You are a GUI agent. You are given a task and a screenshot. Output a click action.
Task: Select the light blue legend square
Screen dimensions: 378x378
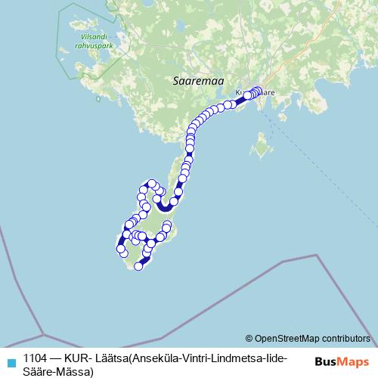(10, 360)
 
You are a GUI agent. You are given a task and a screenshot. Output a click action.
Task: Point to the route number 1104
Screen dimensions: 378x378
(36, 358)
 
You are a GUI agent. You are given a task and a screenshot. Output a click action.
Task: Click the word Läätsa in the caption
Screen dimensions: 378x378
(107, 358)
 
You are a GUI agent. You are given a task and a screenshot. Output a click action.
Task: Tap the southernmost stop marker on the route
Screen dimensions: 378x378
(138, 265)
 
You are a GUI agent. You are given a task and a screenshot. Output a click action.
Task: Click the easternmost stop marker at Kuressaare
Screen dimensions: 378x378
(259, 91)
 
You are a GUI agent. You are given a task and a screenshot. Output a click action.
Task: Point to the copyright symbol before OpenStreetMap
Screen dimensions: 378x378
(249, 338)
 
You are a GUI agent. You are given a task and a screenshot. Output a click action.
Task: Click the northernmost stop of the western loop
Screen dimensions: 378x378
(152, 183)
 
